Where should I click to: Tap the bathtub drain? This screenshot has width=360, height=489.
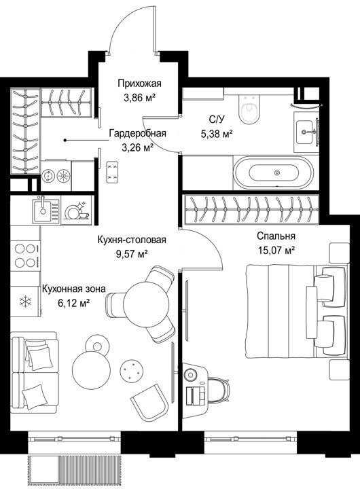[276, 173]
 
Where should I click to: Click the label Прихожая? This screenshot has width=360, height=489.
[139, 84]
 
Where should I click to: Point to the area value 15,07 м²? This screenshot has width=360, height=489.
[276, 251]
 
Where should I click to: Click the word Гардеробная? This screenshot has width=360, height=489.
[138, 134]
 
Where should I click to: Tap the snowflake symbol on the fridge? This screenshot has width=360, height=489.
[26, 302]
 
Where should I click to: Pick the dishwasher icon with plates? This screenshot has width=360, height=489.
[77, 211]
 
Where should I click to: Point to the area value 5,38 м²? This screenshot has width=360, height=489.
[217, 134]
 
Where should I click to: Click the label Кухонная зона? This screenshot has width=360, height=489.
[73, 289]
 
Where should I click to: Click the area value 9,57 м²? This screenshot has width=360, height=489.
[132, 254]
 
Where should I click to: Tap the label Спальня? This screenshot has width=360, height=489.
[276, 236]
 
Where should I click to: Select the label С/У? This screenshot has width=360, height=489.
[217, 120]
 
